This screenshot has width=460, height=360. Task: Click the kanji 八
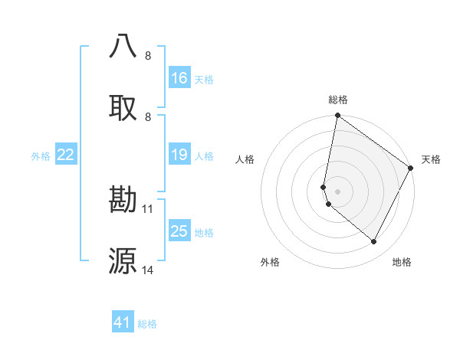(x=123, y=46)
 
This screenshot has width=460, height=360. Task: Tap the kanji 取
(x=123, y=107)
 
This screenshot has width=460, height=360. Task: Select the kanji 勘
(x=123, y=199)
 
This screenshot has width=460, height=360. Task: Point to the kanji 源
(x=123, y=260)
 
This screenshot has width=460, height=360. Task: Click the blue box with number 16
(x=179, y=77)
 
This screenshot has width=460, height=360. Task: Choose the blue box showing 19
(x=179, y=155)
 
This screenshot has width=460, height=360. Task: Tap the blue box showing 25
(x=179, y=231)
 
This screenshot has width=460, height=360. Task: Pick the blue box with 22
(x=66, y=155)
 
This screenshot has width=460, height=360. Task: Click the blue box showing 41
(x=123, y=322)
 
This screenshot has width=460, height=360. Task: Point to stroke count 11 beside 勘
(x=149, y=208)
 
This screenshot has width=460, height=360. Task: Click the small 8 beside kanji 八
(x=148, y=55)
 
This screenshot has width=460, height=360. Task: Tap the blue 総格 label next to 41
(x=147, y=324)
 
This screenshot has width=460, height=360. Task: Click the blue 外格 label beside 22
(x=41, y=156)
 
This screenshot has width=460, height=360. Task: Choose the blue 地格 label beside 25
(x=204, y=233)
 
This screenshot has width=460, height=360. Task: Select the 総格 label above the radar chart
(x=337, y=100)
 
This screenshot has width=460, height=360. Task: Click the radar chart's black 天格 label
(x=431, y=159)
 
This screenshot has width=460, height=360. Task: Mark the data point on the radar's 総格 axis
(x=337, y=116)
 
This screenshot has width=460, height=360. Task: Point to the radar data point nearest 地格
(x=374, y=242)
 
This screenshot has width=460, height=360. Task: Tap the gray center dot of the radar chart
(x=337, y=191)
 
